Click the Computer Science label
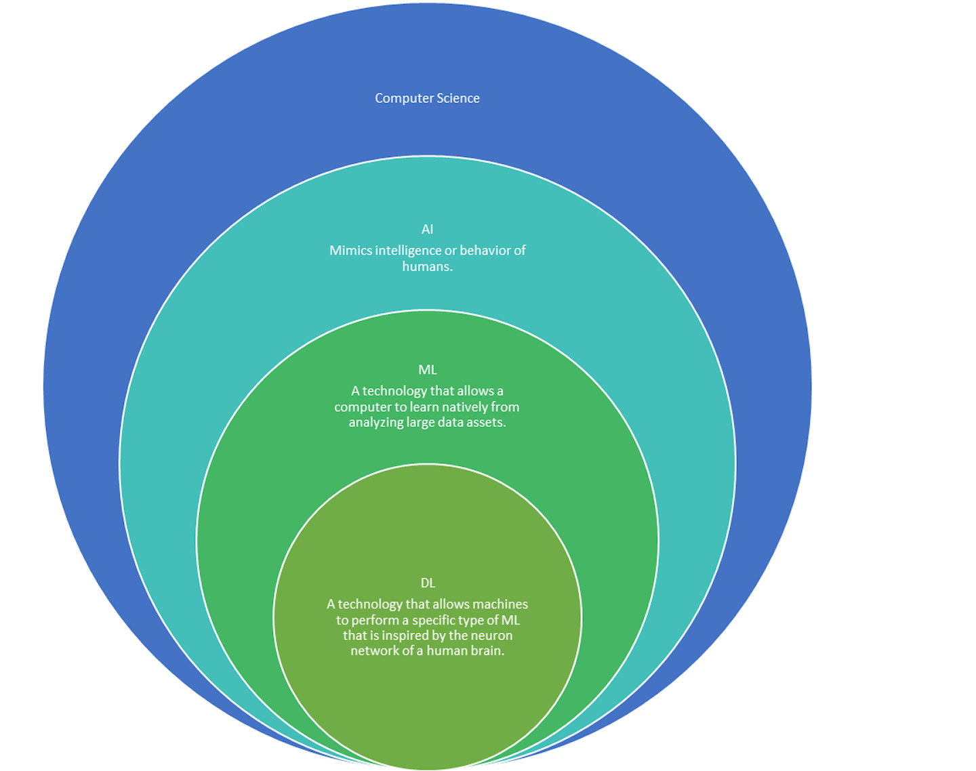427,98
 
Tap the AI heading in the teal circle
427,229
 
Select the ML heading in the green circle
427,369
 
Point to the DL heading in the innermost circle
428,583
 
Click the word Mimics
350,251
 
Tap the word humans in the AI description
426,266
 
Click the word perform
380,620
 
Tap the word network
373,651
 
